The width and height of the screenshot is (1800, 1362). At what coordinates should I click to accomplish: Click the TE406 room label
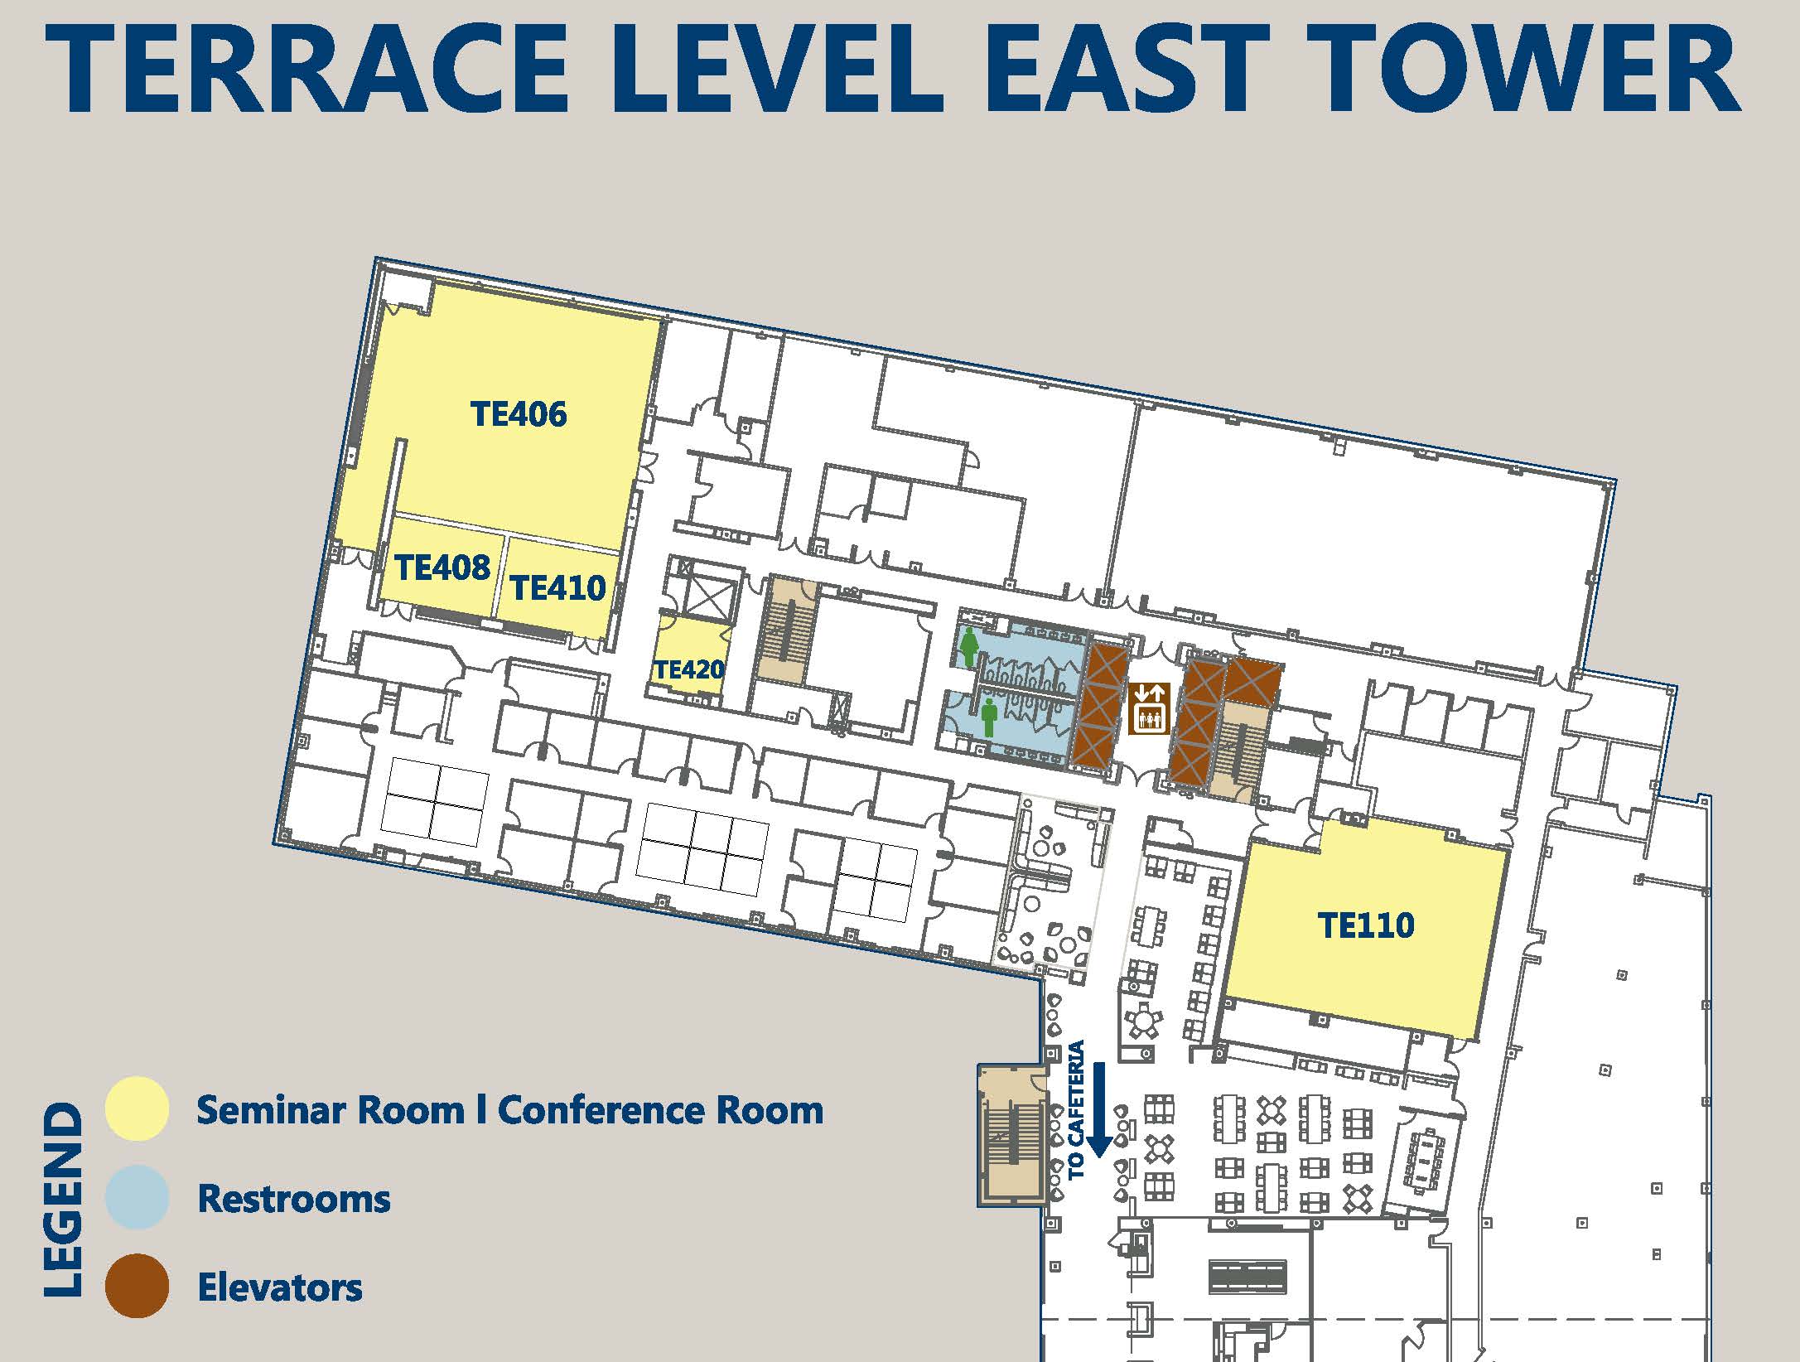point(519,413)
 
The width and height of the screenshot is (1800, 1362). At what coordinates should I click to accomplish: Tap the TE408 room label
point(442,567)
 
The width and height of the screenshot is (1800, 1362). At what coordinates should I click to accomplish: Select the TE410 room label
point(558,587)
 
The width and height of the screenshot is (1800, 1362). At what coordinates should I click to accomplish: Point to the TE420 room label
point(689,669)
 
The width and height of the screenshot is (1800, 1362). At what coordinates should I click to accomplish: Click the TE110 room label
point(1366,925)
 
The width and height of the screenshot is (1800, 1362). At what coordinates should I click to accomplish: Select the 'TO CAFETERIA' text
point(1076,1110)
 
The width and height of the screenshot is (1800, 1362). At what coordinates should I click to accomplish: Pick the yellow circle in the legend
point(138,1108)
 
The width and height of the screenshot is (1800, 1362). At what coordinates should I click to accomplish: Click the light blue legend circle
point(138,1197)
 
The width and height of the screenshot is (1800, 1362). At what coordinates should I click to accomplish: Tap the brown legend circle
point(138,1286)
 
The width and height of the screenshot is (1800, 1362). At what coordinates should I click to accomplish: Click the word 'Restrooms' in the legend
point(294,1199)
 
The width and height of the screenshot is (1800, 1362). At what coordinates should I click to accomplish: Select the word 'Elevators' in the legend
point(280,1287)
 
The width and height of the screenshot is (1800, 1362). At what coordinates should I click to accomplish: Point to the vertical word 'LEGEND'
point(63,1198)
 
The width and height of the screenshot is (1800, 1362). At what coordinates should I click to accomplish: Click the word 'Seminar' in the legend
point(270,1110)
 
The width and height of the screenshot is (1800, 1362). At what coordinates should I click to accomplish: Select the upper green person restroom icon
point(969,647)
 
